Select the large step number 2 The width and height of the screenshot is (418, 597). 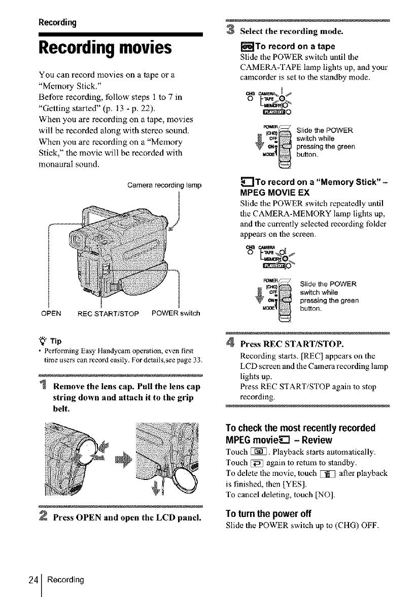tap(45, 518)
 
